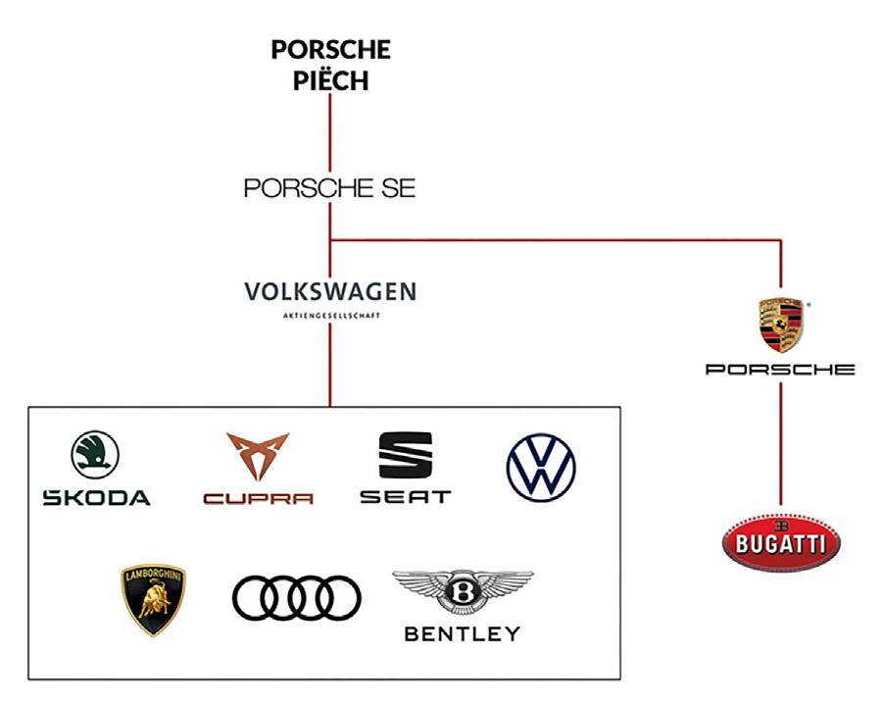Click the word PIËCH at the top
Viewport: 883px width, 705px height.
pyautogui.click(x=330, y=80)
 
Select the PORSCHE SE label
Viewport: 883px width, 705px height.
pyautogui.click(x=329, y=188)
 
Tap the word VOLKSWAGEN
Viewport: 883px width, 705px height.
pyautogui.click(x=329, y=291)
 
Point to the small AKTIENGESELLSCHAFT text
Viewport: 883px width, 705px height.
pyautogui.click(x=329, y=318)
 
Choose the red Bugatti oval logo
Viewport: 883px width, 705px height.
pyautogui.click(x=781, y=540)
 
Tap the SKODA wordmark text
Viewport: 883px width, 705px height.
pyautogui.click(x=96, y=497)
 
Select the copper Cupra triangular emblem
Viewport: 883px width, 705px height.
pyautogui.click(x=258, y=456)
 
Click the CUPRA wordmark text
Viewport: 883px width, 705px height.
pyautogui.click(x=258, y=498)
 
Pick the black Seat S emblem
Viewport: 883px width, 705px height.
pyautogui.click(x=405, y=455)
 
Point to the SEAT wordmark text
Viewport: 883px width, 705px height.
pyautogui.click(x=405, y=497)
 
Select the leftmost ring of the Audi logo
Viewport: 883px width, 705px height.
pyautogui.click(x=253, y=598)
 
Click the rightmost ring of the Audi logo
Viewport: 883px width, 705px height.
pyautogui.click(x=340, y=598)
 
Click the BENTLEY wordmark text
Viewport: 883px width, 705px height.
pyautogui.click(x=463, y=634)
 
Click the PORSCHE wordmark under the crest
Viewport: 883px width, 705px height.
pyautogui.click(x=780, y=370)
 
